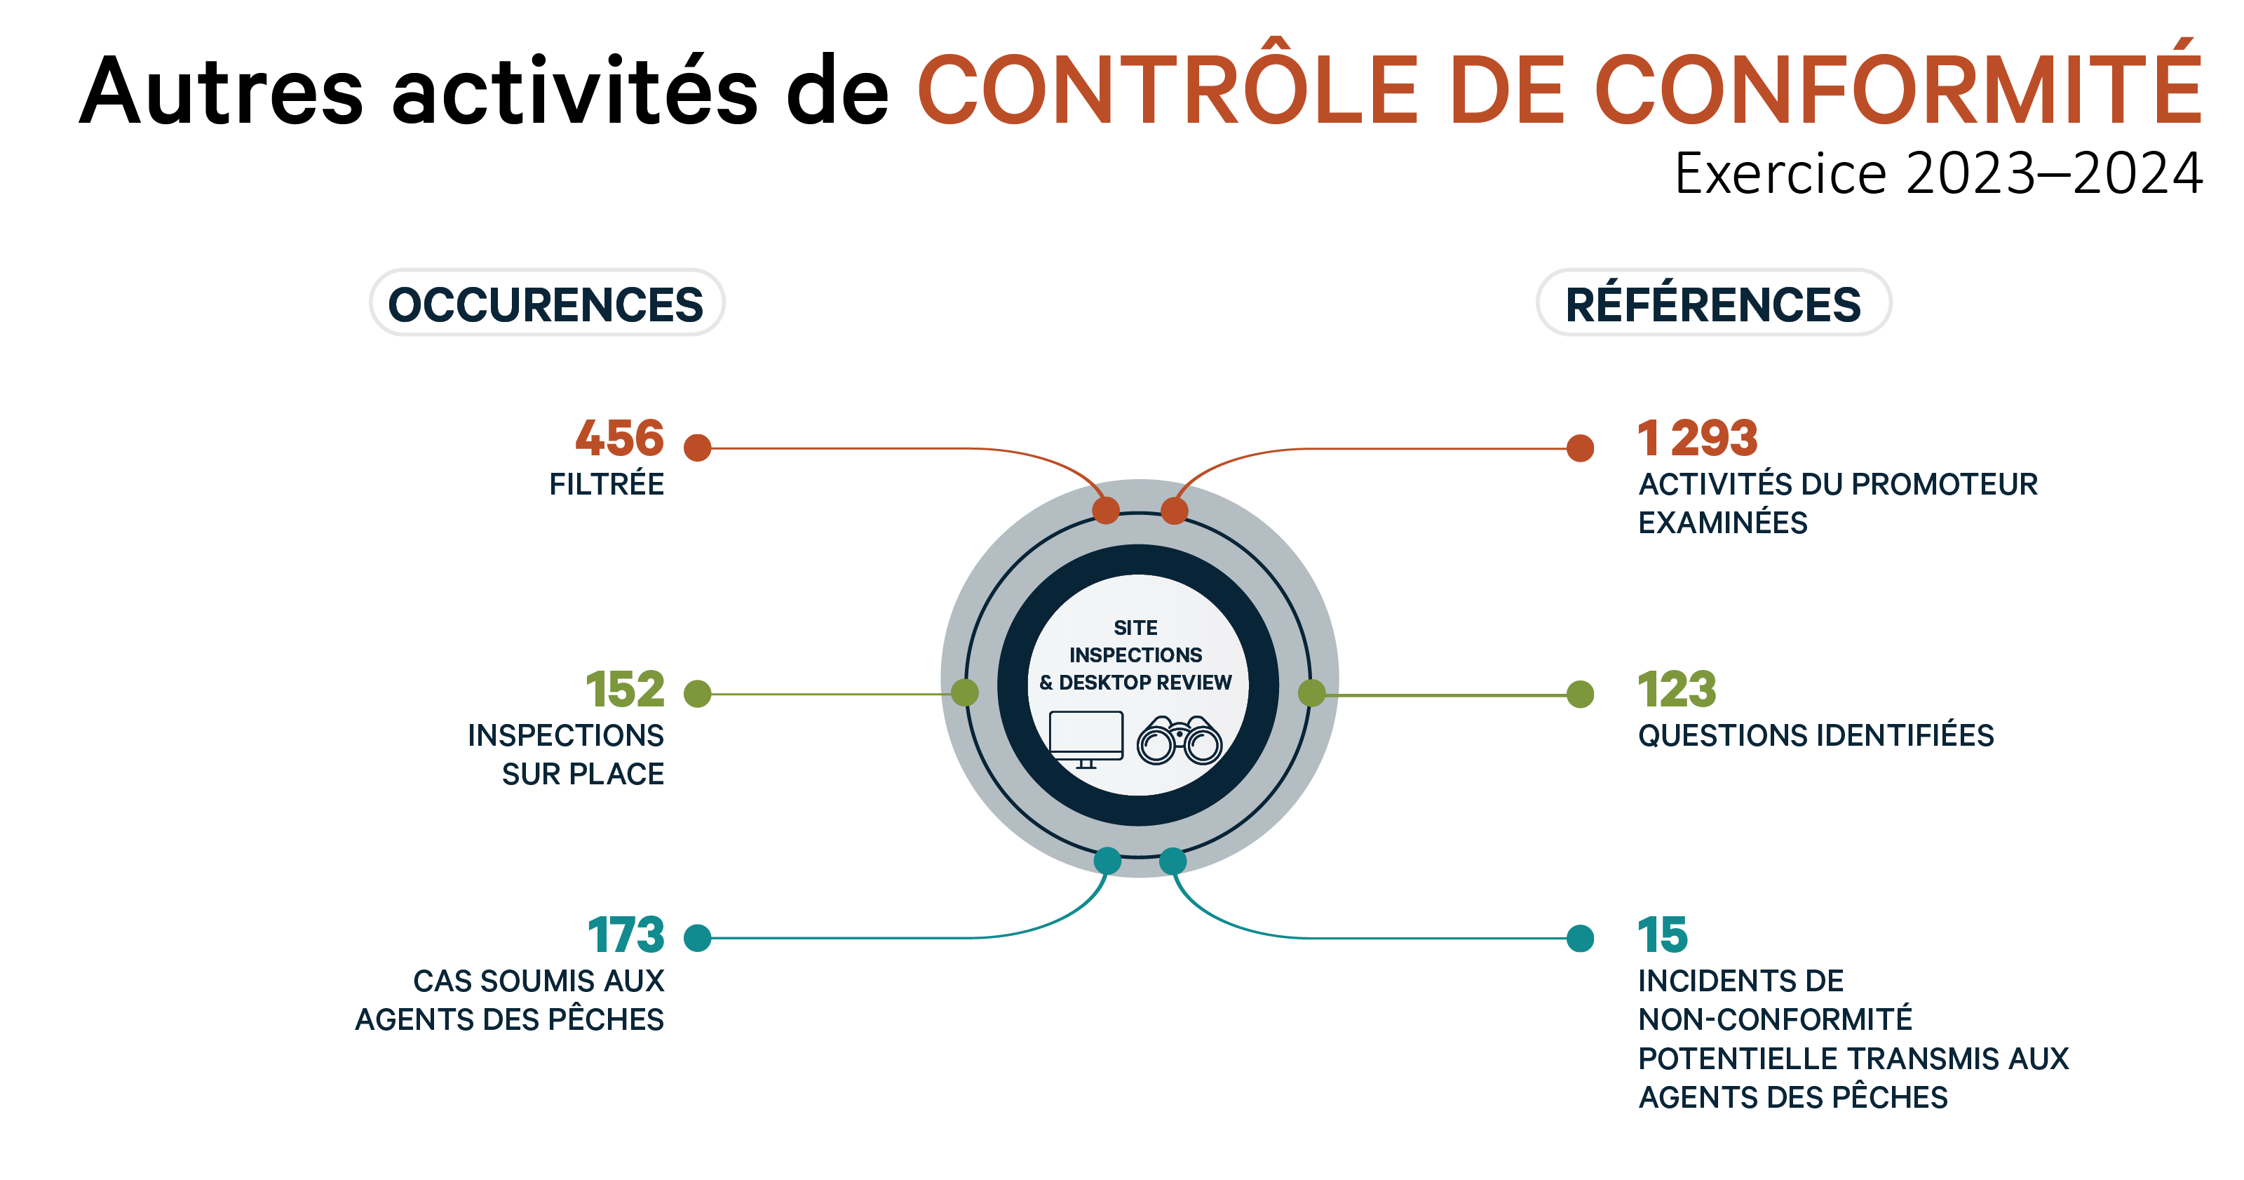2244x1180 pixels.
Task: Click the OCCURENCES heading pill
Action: [546, 303]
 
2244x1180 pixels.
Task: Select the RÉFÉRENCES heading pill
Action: [1712, 303]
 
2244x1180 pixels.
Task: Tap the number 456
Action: [619, 438]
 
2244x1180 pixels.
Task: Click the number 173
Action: [626, 934]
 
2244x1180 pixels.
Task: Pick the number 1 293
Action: [1697, 438]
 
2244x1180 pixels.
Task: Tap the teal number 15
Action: [1662, 934]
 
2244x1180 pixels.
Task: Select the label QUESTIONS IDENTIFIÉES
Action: [1816, 735]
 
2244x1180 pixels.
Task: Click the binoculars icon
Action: [1180, 741]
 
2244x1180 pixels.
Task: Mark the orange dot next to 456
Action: [698, 448]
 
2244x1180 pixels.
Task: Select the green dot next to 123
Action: [1580, 695]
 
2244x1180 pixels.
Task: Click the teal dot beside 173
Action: [698, 938]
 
